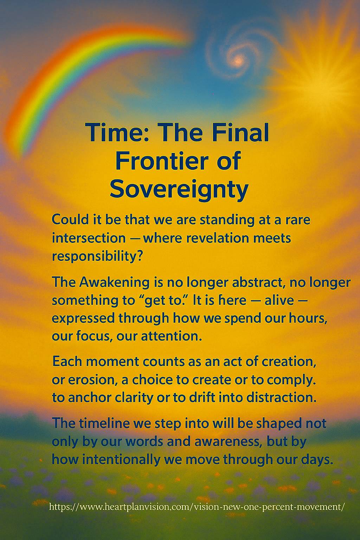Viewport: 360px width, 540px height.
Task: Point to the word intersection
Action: (x=89, y=238)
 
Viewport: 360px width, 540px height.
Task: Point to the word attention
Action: (x=171, y=336)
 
